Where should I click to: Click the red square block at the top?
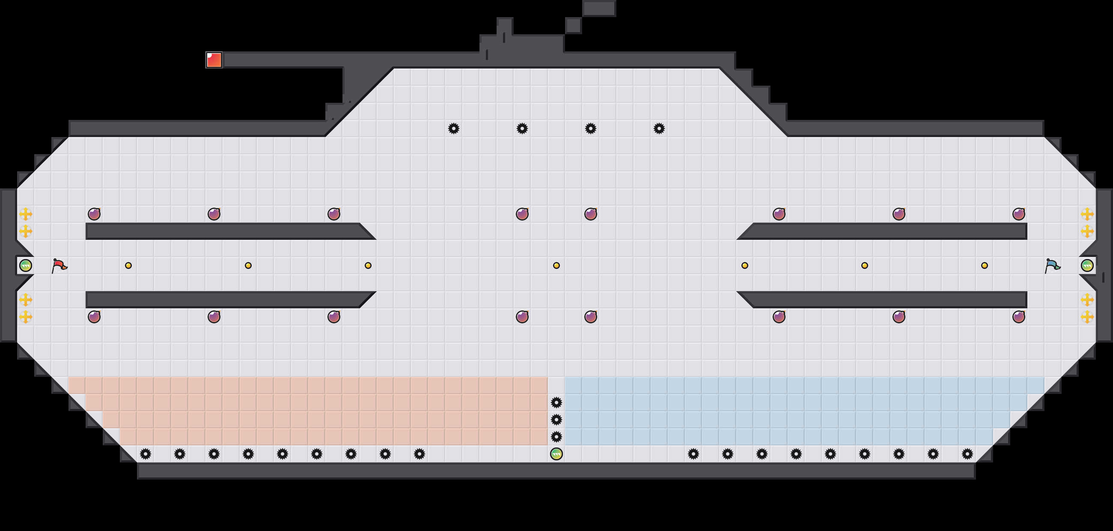[214, 60]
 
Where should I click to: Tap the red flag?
[59, 265]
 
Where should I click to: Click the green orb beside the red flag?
[26, 265]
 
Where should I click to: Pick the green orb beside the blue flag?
[1087, 265]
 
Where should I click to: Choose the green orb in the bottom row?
[556, 453]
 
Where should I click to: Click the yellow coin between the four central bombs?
[556, 265]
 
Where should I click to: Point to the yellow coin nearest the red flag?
[128, 265]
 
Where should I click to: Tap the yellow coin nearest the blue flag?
[984, 265]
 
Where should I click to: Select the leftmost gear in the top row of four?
[453, 128]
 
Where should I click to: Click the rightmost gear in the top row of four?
[659, 128]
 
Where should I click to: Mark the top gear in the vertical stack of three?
[556, 403]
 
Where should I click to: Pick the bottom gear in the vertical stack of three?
[556, 437]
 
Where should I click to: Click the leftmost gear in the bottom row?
[146, 453]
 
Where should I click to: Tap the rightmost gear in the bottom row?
[967, 453]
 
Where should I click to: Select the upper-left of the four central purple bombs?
[522, 214]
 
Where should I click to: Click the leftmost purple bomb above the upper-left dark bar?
[94, 214]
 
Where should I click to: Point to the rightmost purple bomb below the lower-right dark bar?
[1018, 317]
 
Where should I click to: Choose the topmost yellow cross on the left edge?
[26, 214]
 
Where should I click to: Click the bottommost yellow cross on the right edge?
[1087, 317]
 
